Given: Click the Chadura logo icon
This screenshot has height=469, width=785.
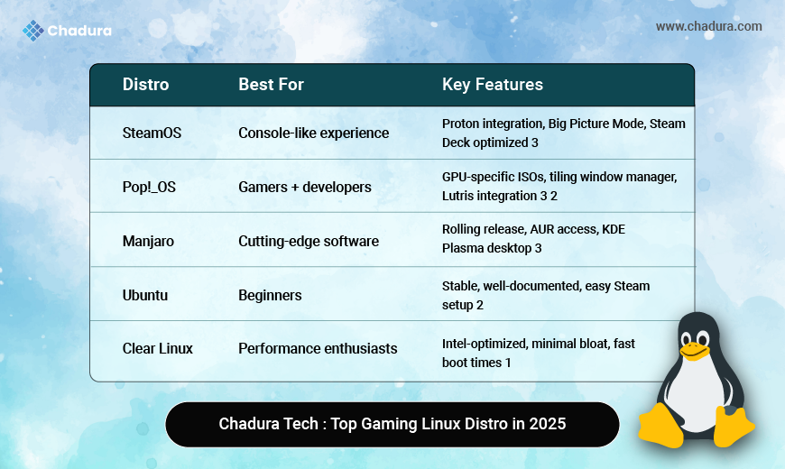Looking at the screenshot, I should [x=33, y=31].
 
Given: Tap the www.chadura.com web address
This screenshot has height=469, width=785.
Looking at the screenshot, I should [x=708, y=26].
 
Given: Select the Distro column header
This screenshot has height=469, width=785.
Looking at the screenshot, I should [x=145, y=85].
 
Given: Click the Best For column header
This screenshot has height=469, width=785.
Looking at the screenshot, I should [x=271, y=85].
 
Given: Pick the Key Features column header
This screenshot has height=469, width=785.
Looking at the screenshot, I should [x=492, y=85].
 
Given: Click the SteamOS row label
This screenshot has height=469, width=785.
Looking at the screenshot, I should [x=152, y=133].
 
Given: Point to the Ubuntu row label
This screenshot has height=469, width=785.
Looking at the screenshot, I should [x=145, y=295].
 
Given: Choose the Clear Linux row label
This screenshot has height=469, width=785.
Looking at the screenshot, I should [x=157, y=348].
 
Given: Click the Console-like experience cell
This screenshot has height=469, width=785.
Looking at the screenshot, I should [x=313, y=133].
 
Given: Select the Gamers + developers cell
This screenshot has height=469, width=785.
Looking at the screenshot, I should [x=304, y=187].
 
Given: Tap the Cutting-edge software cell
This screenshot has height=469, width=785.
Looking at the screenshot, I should [x=309, y=241].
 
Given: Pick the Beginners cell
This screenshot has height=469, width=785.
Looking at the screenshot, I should [x=270, y=295].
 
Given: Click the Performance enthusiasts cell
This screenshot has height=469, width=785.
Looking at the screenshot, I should [x=318, y=348].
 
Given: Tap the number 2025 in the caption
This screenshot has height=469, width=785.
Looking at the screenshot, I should [x=549, y=424].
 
